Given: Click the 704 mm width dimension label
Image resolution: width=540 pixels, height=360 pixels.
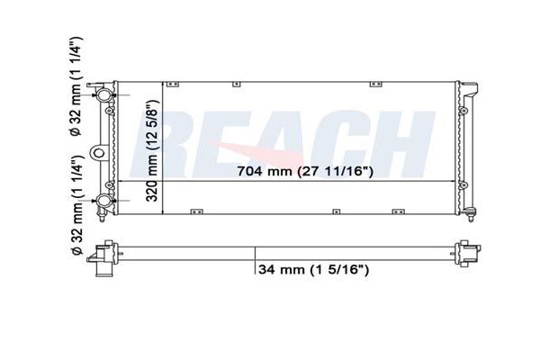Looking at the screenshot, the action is tap(305, 171).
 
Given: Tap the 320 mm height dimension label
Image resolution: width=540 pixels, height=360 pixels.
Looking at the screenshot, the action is tap(152, 150).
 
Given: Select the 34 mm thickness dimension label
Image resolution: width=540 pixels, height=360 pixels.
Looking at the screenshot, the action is tap(313, 269).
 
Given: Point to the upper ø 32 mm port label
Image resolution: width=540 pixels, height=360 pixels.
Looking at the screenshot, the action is tap(76, 85).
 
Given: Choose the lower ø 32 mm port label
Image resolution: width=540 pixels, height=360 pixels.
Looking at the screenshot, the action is tap(76, 205).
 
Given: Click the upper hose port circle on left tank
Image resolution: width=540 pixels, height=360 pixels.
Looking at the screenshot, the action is tap(104, 94).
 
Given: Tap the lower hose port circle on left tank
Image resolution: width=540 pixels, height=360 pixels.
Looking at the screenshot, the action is tap(104, 200).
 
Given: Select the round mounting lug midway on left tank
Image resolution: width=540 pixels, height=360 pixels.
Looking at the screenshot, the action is tap(99, 153).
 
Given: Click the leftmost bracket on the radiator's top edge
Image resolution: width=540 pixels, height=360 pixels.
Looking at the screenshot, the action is tap(173, 84).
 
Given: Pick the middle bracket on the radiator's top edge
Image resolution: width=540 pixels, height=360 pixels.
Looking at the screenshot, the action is tap(236, 84).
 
